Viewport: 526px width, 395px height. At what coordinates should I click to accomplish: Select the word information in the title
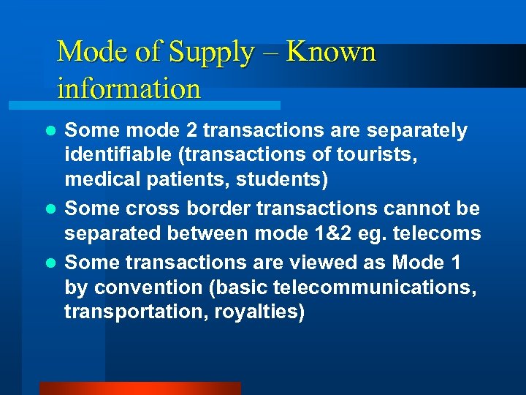coord(129,89)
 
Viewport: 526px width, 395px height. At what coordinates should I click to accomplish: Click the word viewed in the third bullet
coord(308,263)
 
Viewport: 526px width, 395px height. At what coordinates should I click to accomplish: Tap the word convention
coord(145,287)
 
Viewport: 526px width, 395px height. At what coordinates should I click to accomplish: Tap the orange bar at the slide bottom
coord(140,388)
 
